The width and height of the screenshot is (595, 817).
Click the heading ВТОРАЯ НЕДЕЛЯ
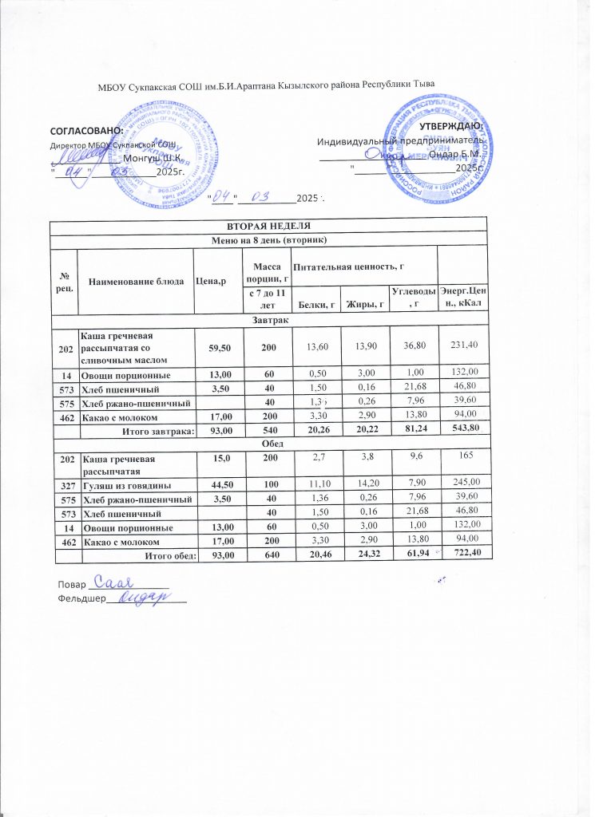click(x=268, y=224)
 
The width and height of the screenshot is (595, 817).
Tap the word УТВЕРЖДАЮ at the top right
click(x=450, y=125)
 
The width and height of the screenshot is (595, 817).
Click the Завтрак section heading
click(x=268, y=319)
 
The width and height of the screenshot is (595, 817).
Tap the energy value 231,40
click(x=462, y=344)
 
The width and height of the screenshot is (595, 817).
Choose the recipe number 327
click(x=63, y=484)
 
